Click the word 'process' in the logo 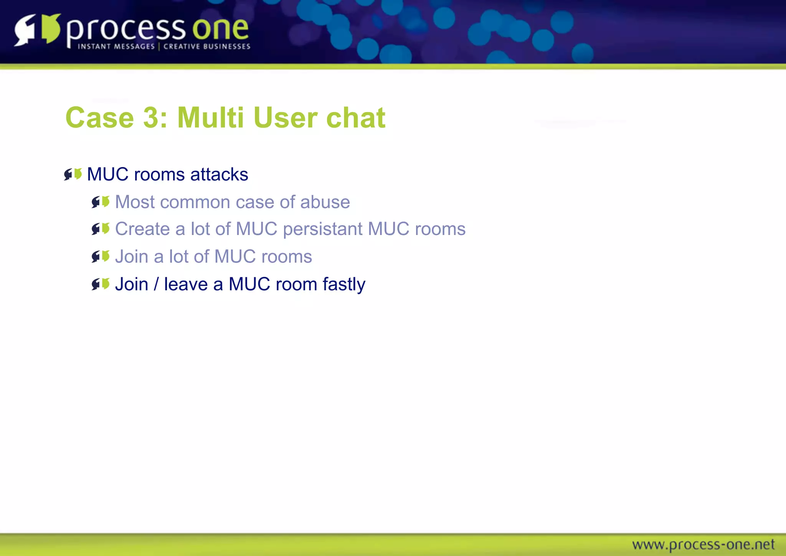[x=126, y=30]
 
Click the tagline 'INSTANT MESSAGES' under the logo [x=116, y=46]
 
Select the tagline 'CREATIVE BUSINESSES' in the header [x=207, y=46]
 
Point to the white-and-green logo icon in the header [x=38, y=30]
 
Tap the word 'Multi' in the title [x=210, y=117]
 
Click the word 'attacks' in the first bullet [x=219, y=174]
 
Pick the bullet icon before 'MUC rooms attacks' [x=73, y=174]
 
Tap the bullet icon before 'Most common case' [x=101, y=202]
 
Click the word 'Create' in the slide [x=142, y=229]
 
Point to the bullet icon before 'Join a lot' [x=101, y=256]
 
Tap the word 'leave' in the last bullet [x=186, y=285]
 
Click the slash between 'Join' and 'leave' [x=156, y=285]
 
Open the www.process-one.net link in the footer [x=703, y=544]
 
